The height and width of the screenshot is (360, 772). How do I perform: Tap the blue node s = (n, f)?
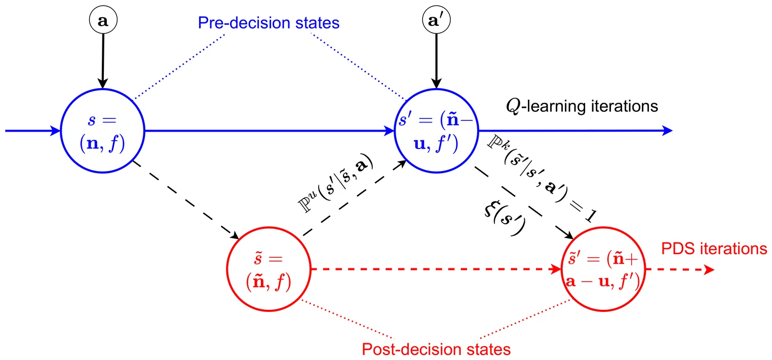[102, 130]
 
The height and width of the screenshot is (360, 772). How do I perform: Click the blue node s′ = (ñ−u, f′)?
[436, 130]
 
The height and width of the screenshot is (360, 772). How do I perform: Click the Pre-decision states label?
[268, 23]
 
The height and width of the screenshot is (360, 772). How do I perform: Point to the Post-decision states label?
[436, 349]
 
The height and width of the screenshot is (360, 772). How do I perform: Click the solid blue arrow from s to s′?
[268, 131]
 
